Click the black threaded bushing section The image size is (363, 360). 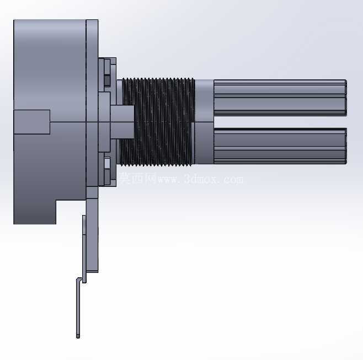[157, 122]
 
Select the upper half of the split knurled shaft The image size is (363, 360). [280, 98]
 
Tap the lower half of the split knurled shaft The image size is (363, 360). [280, 146]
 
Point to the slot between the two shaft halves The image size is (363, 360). [280, 122]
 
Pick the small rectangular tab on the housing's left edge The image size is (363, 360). [31, 122]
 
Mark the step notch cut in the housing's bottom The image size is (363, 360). [71, 212]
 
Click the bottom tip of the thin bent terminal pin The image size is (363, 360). [78, 336]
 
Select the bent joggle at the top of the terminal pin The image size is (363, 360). [81, 280]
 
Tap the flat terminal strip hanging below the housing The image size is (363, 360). [92, 235]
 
